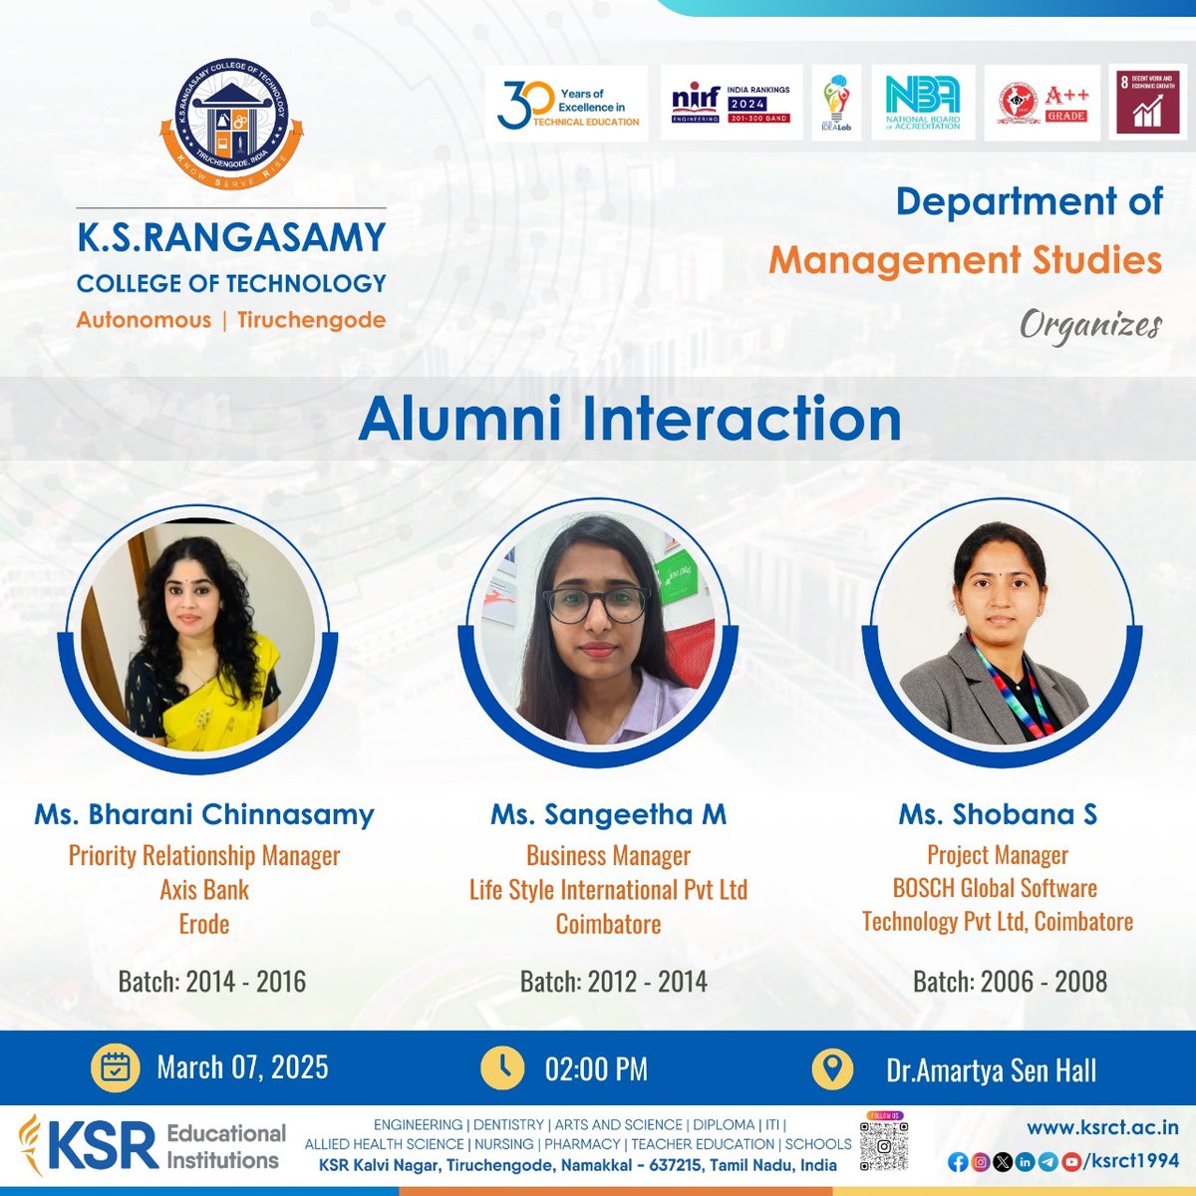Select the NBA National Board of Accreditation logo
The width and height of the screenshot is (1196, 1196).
tap(922, 104)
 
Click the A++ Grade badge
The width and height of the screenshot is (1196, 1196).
tap(1043, 104)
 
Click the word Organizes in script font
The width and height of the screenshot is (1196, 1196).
tap(1090, 326)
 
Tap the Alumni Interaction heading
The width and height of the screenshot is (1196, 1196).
tap(630, 419)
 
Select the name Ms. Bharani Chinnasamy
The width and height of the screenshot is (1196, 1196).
tap(204, 814)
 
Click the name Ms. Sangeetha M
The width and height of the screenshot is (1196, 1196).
tap(608, 814)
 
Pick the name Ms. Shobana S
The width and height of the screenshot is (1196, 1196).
tap(998, 814)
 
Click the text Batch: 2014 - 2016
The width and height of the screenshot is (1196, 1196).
tap(211, 982)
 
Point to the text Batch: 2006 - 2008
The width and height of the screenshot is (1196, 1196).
tap(1010, 982)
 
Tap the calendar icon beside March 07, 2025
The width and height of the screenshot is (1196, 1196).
tap(116, 1068)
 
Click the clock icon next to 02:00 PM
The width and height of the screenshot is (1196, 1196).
tap(502, 1068)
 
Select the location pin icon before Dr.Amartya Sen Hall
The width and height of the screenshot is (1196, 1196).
tap(832, 1068)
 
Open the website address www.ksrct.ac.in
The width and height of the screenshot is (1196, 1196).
tap(1102, 1128)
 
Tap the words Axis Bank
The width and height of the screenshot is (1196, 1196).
tap(204, 889)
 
